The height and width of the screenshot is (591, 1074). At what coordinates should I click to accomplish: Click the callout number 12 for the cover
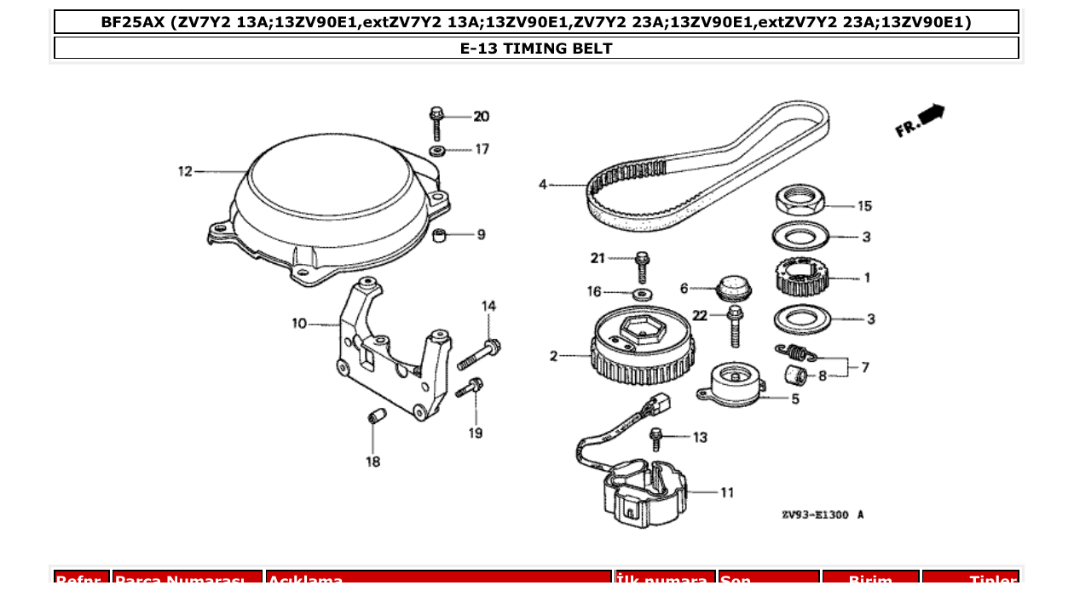185,171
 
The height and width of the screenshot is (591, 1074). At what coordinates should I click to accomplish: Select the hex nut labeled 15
799,202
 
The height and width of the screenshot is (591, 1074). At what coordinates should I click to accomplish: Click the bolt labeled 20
436,123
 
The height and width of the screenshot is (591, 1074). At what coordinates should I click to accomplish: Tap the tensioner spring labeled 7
794,350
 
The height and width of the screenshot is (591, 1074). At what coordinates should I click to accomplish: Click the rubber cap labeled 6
732,287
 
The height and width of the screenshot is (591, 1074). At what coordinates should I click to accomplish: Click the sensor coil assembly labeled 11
644,494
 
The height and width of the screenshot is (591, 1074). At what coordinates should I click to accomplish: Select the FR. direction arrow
921,120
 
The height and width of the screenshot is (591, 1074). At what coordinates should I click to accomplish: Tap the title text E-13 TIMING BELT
536,49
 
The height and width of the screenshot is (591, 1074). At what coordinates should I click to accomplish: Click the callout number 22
700,315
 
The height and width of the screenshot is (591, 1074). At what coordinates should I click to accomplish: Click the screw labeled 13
656,439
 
